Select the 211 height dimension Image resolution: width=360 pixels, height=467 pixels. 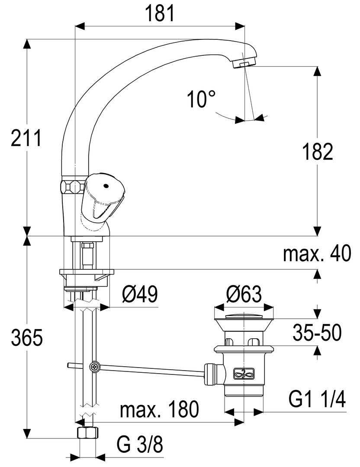pyautogui.click(x=26, y=138)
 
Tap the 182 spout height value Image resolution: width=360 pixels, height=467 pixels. pyautogui.click(x=318, y=152)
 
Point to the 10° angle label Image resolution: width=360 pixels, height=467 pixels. pyautogui.click(x=202, y=99)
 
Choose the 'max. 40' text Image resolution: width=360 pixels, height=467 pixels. pyautogui.click(x=317, y=254)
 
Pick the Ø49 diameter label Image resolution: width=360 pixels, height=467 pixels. pyautogui.click(x=139, y=294)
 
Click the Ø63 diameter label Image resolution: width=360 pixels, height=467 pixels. pyautogui.click(x=244, y=294)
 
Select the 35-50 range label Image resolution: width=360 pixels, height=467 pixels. pyautogui.click(x=317, y=333)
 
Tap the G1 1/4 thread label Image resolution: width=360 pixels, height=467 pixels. pyautogui.click(x=317, y=399)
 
